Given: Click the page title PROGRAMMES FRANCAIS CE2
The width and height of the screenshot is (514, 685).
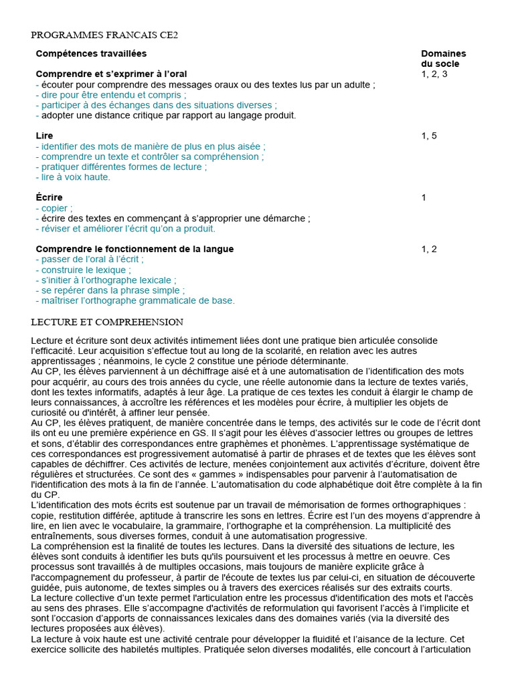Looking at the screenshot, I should tap(104, 35).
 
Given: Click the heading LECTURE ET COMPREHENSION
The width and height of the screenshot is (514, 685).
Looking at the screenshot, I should tap(107, 322).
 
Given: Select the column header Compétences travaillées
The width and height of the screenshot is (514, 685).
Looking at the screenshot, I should tap(91, 54).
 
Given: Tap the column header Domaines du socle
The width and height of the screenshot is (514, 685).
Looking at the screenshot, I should tap(443, 58).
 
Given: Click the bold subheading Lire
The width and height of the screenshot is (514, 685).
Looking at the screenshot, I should tap(44, 136).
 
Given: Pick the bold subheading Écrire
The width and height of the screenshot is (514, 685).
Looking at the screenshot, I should tap(49, 197).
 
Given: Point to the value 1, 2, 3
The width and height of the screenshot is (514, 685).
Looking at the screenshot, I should tap(434, 74).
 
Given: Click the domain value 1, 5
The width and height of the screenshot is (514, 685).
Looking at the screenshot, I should tap(429, 136).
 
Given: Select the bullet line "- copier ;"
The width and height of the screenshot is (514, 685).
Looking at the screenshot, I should tap(54, 208).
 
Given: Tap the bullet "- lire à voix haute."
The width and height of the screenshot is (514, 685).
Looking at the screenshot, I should tap(73, 177).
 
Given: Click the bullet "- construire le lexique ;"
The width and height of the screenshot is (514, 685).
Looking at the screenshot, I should tap(83, 270).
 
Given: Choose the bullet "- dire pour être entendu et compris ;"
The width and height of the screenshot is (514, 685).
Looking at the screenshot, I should tap(110, 95).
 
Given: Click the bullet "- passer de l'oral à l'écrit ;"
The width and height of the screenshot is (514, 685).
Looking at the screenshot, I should tap(90, 260).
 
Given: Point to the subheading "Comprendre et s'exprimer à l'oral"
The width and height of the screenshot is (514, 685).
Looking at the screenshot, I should tap(111, 74).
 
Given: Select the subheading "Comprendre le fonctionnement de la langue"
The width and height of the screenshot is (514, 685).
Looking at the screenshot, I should tap(135, 249).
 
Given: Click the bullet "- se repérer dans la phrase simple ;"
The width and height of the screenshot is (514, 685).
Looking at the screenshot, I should tap(110, 290).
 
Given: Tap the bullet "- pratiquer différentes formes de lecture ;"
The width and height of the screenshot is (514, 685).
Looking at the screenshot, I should tap(121, 167).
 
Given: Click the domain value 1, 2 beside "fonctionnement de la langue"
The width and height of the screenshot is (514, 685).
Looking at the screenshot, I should tap(429, 249).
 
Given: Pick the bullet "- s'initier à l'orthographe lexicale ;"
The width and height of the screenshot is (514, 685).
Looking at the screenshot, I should tap(106, 280).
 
